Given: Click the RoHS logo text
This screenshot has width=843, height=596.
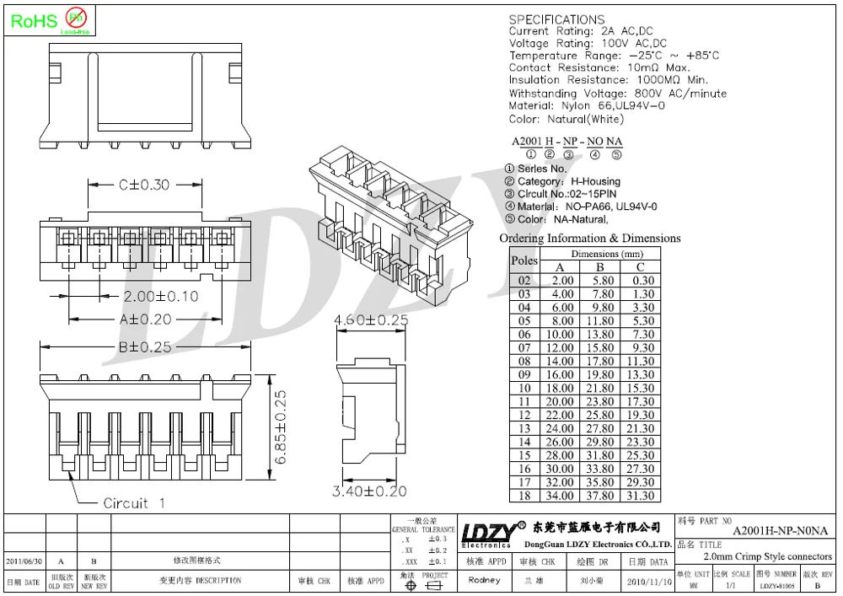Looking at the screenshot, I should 32,20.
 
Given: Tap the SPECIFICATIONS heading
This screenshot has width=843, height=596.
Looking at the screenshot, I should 556,19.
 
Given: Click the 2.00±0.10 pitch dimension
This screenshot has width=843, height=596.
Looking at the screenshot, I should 161,297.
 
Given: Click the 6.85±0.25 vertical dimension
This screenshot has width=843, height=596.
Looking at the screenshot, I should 281,427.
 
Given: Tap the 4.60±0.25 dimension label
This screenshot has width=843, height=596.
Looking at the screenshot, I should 371,320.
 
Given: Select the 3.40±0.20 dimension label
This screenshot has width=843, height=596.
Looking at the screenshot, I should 369,491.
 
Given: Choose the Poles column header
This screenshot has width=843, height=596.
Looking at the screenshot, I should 524,260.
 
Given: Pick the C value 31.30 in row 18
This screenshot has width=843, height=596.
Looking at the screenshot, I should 641,496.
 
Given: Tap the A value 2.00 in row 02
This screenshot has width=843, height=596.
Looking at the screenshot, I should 562,281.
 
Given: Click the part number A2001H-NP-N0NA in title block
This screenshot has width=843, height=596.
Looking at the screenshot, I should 780,530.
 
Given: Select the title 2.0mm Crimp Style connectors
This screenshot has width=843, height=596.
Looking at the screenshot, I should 767,556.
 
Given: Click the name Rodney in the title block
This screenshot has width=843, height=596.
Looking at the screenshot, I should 484,581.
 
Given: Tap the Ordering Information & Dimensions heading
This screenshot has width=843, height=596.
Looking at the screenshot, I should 589,239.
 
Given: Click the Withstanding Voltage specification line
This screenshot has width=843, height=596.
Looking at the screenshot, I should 617,94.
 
